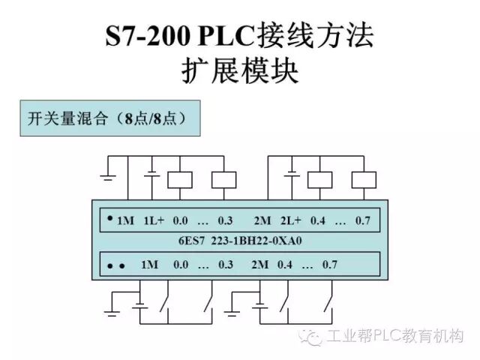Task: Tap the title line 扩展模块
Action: tap(240, 73)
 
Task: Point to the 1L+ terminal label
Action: tap(153, 220)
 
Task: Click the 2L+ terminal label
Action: tap(289, 220)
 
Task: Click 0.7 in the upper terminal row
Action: tap(363, 220)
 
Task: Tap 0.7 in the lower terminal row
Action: tap(330, 265)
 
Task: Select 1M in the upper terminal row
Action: tap(125, 220)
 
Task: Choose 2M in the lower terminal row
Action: tap(260, 265)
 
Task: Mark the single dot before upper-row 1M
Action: tap(109, 218)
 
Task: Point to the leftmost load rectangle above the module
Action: tap(179, 178)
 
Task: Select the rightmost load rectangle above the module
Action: tap(364, 178)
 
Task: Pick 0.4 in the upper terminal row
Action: tap(318, 220)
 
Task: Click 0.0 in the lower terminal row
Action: tap(181, 265)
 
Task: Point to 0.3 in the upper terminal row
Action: tap(226, 220)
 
